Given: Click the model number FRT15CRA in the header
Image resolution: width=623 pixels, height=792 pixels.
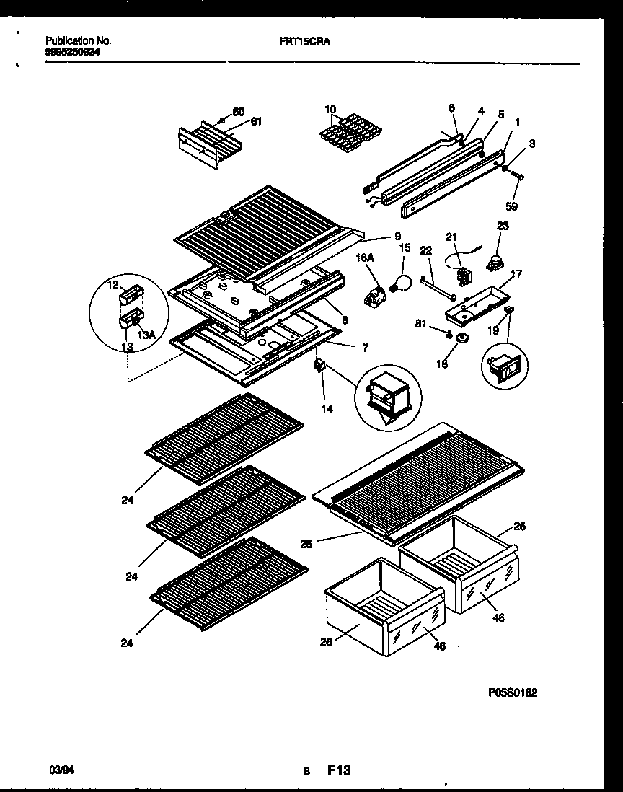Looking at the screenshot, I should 306,42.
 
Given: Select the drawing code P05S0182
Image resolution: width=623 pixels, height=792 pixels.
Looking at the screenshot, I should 512,692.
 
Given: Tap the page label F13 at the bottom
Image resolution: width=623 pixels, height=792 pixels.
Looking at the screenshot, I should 339,771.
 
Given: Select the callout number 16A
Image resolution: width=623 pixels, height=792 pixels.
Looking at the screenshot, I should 365,255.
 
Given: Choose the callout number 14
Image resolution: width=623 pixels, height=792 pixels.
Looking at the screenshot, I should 327,408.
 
